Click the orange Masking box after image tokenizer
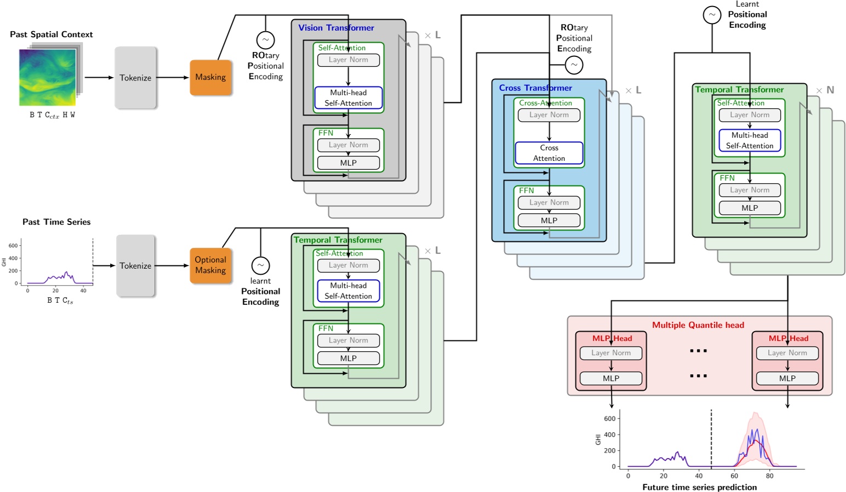point(210,77)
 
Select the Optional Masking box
point(210,265)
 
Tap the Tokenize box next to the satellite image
point(135,78)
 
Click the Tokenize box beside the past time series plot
point(135,266)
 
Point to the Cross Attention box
point(549,153)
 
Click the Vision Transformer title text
point(336,28)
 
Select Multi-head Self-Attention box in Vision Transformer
point(348,98)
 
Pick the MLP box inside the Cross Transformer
point(549,221)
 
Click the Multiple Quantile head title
point(698,325)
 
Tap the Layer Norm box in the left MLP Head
point(611,353)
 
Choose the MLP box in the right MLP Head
point(787,378)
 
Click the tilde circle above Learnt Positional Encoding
point(712,15)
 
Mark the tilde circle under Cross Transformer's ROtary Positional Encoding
point(574,65)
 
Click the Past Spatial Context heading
point(51,34)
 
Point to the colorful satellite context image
point(48,77)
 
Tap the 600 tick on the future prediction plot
point(609,419)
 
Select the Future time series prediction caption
point(700,487)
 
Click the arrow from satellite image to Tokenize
point(99,78)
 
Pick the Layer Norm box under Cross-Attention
point(549,115)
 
